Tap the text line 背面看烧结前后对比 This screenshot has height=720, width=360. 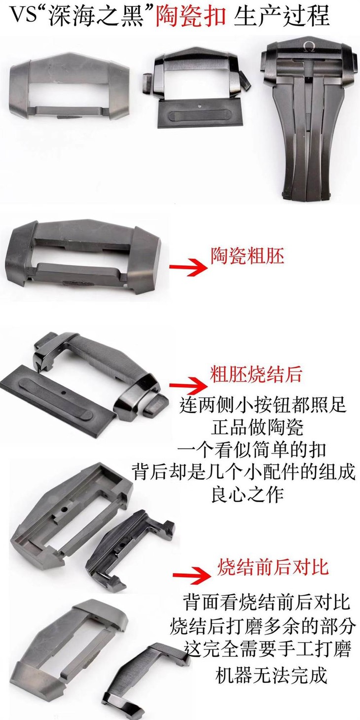[266, 602]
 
